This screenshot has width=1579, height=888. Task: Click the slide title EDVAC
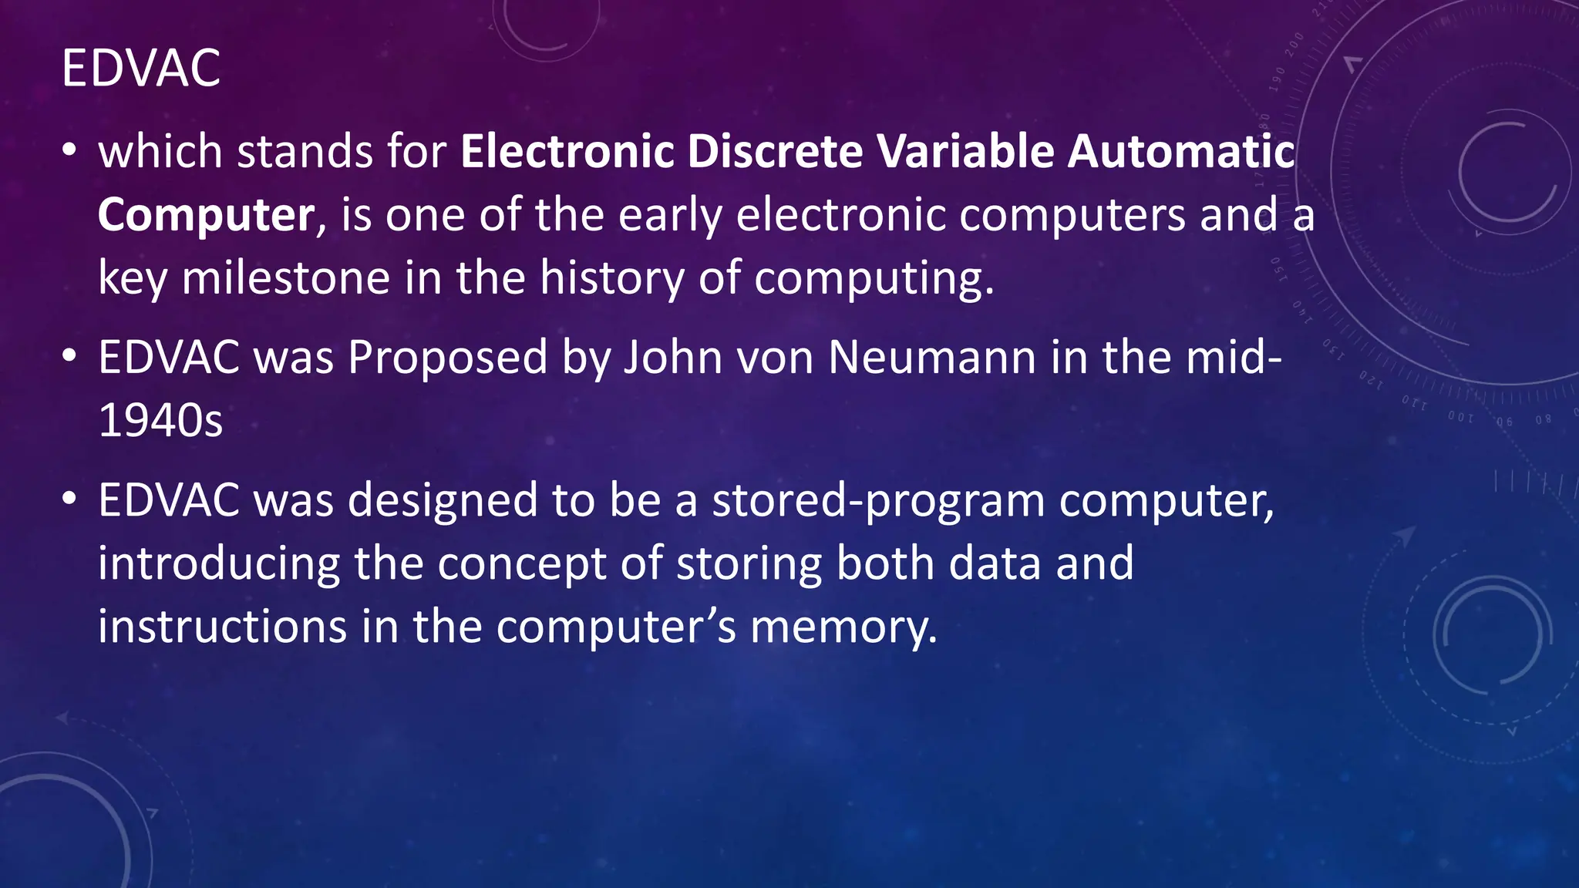(x=141, y=69)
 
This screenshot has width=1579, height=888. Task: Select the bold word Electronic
(x=567, y=151)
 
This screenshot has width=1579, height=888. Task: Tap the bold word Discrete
(x=775, y=151)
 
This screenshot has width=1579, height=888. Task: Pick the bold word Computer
(x=206, y=215)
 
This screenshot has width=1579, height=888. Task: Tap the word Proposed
(x=447, y=358)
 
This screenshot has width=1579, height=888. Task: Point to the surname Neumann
(x=932, y=358)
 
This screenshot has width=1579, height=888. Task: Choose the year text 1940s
(x=160, y=421)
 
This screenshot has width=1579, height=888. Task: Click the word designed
(x=443, y=501)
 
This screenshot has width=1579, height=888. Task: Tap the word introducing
(x=219, y=564)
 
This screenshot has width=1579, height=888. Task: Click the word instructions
(x=222, y=627)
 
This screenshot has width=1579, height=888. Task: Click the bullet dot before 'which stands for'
(x=69, y=151)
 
